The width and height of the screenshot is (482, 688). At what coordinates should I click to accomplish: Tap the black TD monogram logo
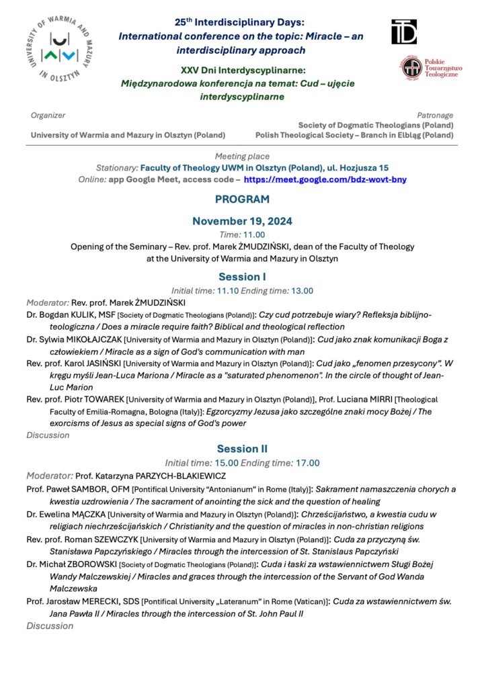pos(404,31)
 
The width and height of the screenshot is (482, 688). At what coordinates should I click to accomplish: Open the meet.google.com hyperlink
pos(325,180)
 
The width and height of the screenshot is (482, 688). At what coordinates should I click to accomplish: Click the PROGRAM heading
pos(242,199)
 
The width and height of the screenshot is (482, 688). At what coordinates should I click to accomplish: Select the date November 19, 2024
pos(242,221)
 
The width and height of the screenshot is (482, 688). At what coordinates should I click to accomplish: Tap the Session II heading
pos(242,448)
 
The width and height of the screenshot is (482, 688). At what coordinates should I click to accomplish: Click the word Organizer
pos(48,116)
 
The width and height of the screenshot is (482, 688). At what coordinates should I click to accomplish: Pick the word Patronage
pos(435,116)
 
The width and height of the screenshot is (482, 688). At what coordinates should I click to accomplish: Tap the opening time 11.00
pos(254,234)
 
